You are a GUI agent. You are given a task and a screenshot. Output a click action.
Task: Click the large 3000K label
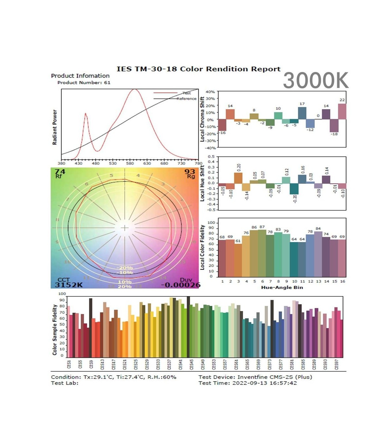pos(315,80)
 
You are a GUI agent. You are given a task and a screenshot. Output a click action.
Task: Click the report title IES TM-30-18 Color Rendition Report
pos(198,69)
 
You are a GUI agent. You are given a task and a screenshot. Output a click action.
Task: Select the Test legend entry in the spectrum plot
pos(187,93)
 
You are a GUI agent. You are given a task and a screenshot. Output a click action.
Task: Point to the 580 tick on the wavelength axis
pos(130,163)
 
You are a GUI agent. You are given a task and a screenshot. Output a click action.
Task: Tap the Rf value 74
pos(60,172)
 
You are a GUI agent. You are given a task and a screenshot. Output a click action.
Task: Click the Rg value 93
pos(190,172)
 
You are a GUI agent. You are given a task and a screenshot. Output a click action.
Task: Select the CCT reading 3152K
pos(69,285)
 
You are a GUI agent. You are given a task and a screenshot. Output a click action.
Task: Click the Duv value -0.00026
pos(181,285)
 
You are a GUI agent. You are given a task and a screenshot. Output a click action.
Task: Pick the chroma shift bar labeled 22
pos(342,111)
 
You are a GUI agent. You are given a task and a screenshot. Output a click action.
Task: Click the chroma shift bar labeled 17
pos(302,113)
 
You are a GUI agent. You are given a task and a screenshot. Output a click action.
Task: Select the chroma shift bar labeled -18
pos(334,125)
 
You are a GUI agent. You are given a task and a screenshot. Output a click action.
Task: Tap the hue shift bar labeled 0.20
pos(238,178)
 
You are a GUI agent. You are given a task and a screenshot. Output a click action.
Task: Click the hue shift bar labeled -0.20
pos(294,189)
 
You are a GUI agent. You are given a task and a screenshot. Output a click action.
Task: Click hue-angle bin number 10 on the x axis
pos(294,281)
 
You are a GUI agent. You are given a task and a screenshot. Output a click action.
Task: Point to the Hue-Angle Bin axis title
pos(282,287)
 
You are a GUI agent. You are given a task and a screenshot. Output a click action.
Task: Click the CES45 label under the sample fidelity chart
pos(192,365)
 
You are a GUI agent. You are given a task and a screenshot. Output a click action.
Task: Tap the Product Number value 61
pos(107,83)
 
